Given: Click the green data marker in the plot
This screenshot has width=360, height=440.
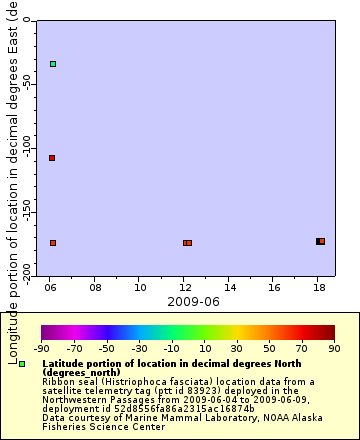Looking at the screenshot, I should tap(53, 64).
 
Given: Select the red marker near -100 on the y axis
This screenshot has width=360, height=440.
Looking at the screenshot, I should tap(52, 158).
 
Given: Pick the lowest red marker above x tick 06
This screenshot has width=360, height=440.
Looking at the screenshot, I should tap(53, 243).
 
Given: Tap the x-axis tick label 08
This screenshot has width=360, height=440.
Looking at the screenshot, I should tap(96, 287).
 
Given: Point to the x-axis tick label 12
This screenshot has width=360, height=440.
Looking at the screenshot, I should tap(185, 287).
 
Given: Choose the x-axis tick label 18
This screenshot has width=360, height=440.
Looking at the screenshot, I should tap(318, 287).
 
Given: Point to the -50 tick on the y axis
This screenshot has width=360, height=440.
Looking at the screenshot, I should tap(32, 82).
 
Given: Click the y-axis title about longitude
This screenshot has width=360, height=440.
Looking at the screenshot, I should tap(13, 180).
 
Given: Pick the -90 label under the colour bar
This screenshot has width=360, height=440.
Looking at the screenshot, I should tap(41, 349).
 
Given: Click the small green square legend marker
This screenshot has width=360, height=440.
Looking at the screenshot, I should tap(22, 364).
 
